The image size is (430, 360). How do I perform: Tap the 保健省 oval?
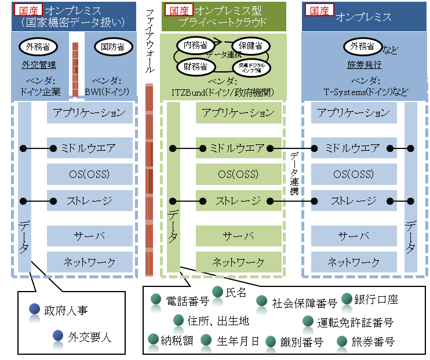point(250,45)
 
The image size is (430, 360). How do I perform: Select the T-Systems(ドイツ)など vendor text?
point(366,92)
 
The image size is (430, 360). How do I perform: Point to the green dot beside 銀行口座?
point(347,299)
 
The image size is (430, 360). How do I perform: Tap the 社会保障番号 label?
point(305,303)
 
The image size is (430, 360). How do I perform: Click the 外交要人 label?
point(89,336)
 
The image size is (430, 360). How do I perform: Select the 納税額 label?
point(177,341)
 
